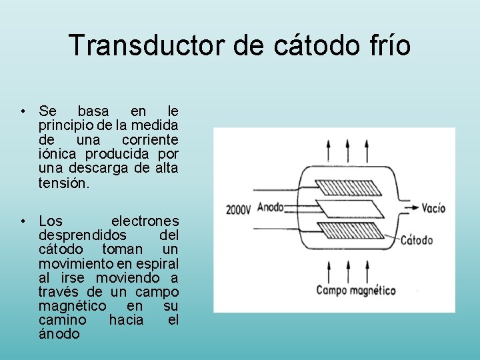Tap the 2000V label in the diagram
(x=239, y=208)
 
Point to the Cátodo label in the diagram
(x=417, y=239)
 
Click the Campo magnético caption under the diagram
(x=355, y=290)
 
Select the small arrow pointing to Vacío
(x=409, y=207)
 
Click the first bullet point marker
(x=23, y=111)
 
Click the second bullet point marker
(x=23, y=221)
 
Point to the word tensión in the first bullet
(x=63, y=183)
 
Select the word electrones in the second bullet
(x=145, y=221)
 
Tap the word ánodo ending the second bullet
(x=59, y=334)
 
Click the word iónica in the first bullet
(x=59, y=154)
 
